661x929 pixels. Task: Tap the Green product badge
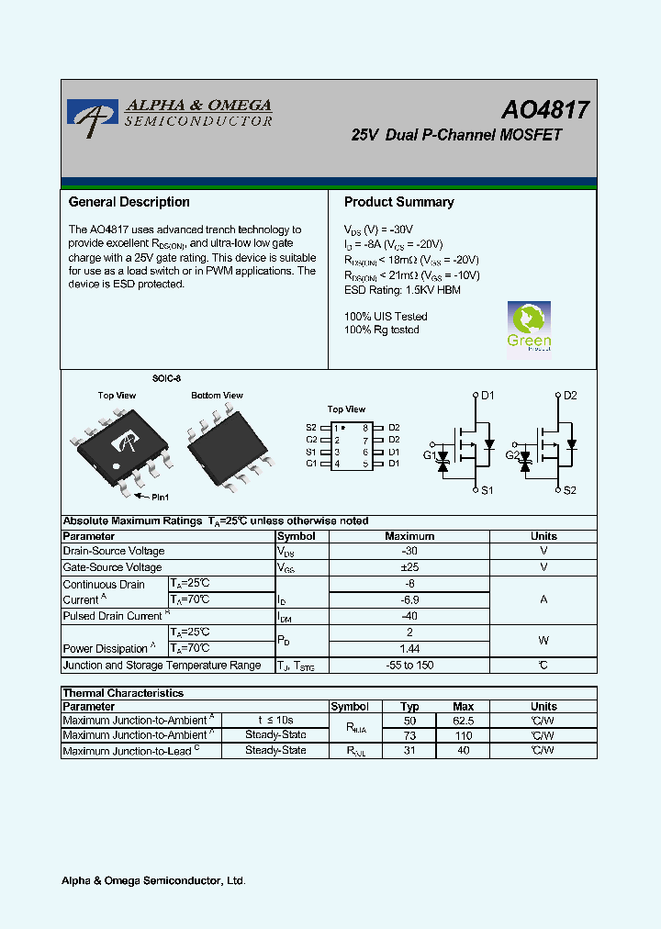(530, 327)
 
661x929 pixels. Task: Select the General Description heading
(129, 202)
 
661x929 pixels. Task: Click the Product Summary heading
(398, 202)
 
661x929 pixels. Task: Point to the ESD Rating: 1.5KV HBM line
(402, 290)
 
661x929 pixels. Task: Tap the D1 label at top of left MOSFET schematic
(487, 396)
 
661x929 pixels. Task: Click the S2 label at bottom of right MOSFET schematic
(569, 490)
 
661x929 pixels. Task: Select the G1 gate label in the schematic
(430, 455)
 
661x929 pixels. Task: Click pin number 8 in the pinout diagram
(365, 428)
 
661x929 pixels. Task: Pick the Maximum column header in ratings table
(409, 536)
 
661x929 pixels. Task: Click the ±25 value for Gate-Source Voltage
(409, 567)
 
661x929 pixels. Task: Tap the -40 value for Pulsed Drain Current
(409, 616)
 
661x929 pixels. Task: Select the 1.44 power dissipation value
(409, 648)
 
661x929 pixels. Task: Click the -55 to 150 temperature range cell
(409, 666)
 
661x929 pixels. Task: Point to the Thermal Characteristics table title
(123, 693)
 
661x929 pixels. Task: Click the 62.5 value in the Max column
(464, 721)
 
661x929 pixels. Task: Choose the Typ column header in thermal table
(409, 707)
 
